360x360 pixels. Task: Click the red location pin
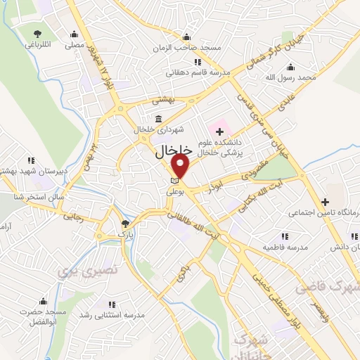[181, 166]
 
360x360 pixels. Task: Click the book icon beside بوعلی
[175, 182]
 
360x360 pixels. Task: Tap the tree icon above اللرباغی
[37, 34]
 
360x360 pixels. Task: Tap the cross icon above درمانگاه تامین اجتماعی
[325, 201]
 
